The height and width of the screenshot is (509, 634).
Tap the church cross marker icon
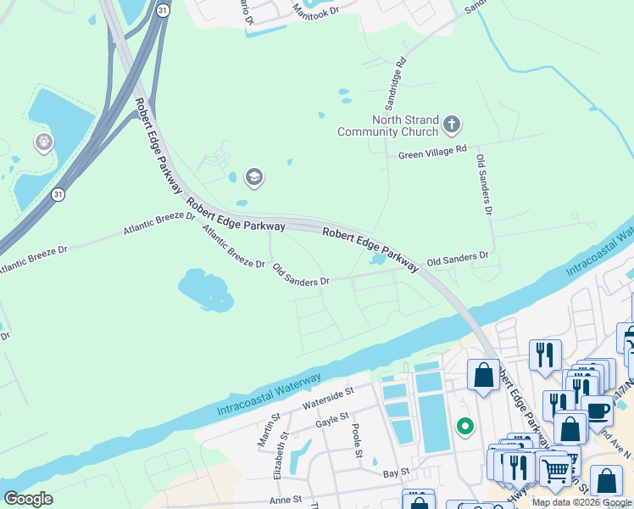(452, 126)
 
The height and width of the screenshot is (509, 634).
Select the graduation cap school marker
(253, 177)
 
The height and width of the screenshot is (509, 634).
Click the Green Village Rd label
(432, 153)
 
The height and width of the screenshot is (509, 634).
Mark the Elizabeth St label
(286, 461)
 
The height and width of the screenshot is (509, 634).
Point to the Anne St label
(286, 501)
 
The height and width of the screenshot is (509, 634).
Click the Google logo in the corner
(28, 499)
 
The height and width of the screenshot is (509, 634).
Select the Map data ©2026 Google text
(581, 502)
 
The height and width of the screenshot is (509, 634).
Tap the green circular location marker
(464, 426)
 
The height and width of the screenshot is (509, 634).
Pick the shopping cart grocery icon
(554, 468)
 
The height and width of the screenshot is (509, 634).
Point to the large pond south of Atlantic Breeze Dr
(205, 289)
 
